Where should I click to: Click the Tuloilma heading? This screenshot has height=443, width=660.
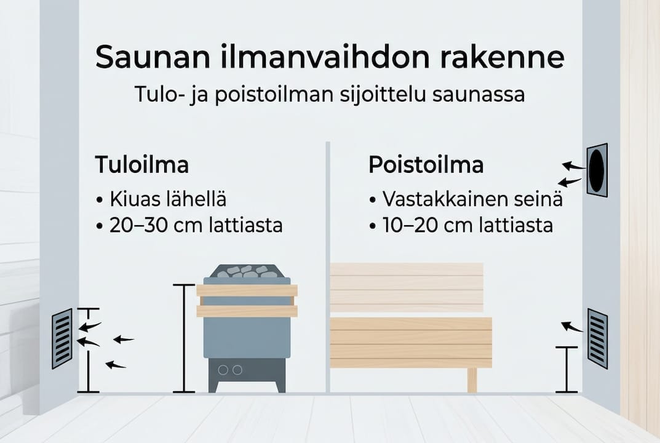pyautogui.click(x=141, y=166)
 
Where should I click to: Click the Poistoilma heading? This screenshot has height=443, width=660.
pyautogui.click(x=426, y=166)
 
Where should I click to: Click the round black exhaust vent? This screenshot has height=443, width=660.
pyautogui.click(x=597, y=169)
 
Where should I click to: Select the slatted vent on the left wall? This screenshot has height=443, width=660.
pyautogui.click(x=62, y=338)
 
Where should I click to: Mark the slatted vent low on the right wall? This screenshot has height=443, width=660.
pyautogui.click(x=597, y=338)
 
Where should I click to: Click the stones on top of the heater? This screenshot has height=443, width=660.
pyautogui.click(x=247, y=271)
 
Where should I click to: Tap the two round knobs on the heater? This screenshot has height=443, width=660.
pyautogui.click(x=228, y=370)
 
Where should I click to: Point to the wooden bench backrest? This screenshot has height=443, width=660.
pyautogui.click(x=406, y=287)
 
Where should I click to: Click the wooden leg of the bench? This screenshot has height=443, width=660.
pyautogui.click(x=472, y=380)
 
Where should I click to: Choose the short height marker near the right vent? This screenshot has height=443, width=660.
pyautogui.click(x=567, y=369)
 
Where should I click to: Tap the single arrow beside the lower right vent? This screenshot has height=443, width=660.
pyautogui.click(x=572, y=327)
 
